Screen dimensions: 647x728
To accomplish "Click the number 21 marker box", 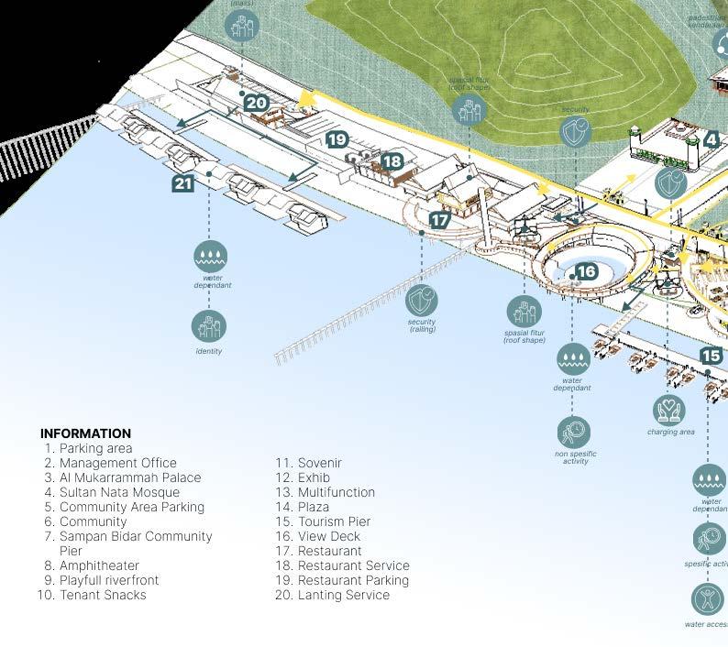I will pyautogui.click(x=183, y=183).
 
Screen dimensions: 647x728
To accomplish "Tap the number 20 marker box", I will pyautogui.click(x=256, y=103).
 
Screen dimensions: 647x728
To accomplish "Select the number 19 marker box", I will pyautogui.click(x=337, y=139).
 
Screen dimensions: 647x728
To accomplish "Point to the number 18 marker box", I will pyautogui.click(x=392, y=162).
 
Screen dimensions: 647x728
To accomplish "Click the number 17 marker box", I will pyautogui.click(x=440, y=220).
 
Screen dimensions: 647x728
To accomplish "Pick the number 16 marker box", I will pyautogui.click(x=586, y=271).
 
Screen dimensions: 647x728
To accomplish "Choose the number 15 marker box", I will pyautogui.click(x=711, y=356).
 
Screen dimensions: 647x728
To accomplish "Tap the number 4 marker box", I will pyautogui.click(x=711, y=140).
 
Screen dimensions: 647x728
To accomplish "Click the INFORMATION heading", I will pyautogui.click(x=85, y=433).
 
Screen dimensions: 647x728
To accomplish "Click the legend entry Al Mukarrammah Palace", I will pyautogui.click(x=129, y=477).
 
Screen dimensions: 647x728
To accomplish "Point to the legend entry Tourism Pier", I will pyautogui.click(x=334, y=521).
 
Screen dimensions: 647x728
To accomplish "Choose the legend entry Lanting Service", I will pyautogui.click(x=343, y=595).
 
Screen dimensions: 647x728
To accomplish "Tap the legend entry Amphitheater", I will pyautogui.click(x=99, y=565).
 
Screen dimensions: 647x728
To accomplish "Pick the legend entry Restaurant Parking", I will pyautogui.click(x=353, y=580).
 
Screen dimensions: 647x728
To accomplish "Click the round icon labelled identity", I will pyautogui.click(x=209, y=326).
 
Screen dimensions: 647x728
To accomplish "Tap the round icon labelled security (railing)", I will pyautogui.click(x=421, y=300).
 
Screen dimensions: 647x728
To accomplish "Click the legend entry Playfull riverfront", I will pyautogui.click(x=108, y=580).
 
